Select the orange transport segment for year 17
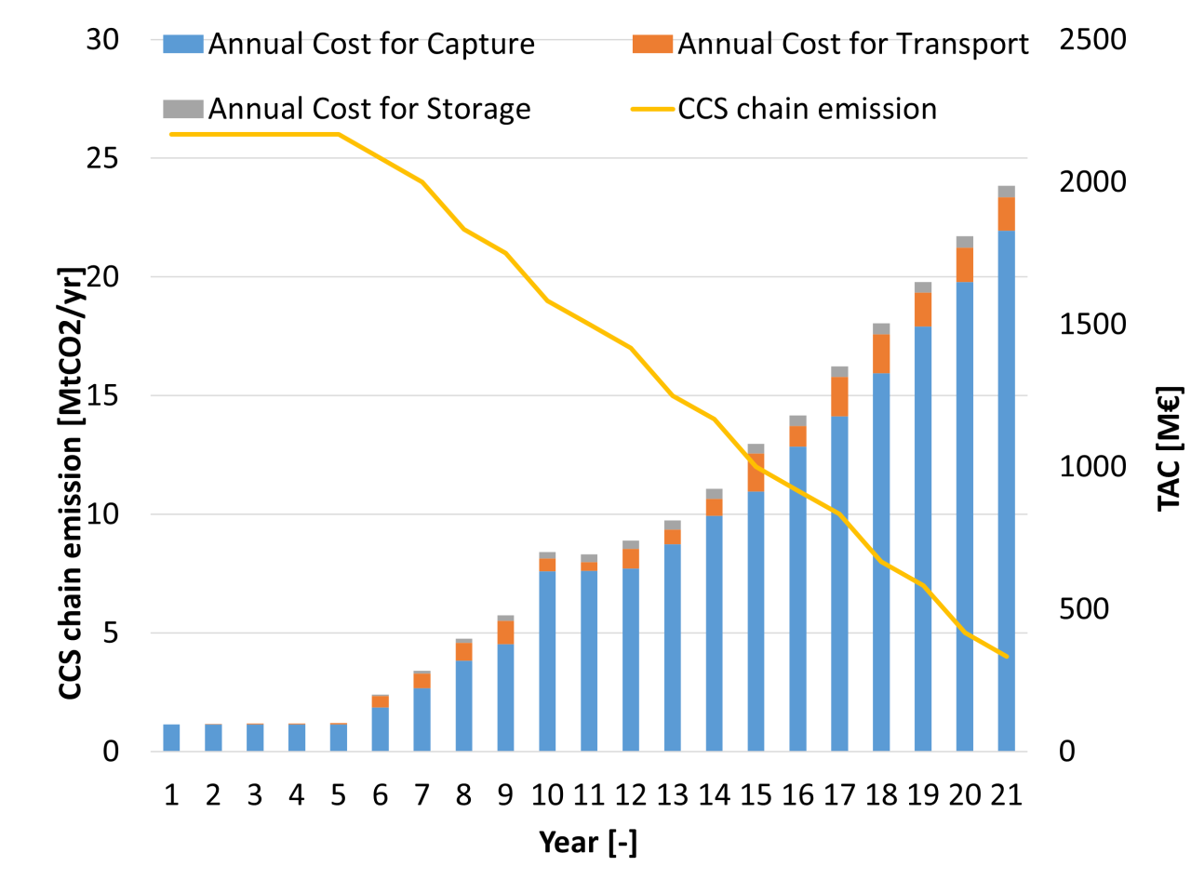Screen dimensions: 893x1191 click(x=839, y=397)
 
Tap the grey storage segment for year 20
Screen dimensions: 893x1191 click(x=965, y=242)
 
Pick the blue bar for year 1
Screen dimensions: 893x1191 click(x=172, y=738)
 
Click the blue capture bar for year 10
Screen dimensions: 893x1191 click(x=547, y=660)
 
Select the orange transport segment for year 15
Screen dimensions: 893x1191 click(x=756, y=473)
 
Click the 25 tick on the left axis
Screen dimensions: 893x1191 click(x=102, y=158)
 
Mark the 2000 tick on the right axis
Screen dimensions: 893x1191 click(x=1092, y=181)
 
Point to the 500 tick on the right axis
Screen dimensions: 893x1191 click(x=1084, y=609)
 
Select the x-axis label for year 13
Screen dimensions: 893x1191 click(x=673, y=795)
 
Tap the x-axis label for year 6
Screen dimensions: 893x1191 click(x=380, y=795)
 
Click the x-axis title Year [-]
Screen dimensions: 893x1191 click(x=588, y=843)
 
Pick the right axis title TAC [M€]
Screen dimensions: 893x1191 click(x=1169, y=448)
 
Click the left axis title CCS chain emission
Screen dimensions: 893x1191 click(x=72, y=484)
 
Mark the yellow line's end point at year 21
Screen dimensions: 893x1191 click(x=1006, y=656)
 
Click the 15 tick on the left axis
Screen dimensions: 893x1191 click(x=102, y=395)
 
